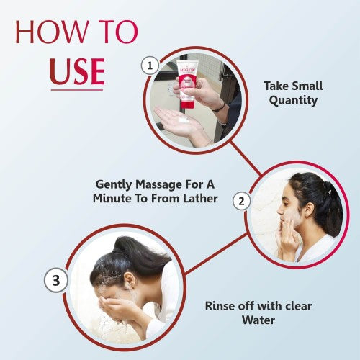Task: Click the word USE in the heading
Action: coord(77,71)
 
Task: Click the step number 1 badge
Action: coord(150,66)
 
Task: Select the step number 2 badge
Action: coord(242,201)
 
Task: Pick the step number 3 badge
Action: coord(56,280)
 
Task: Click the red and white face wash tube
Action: coord(188,84)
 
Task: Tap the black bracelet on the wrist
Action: coord(219,108)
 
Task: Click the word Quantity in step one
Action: coord(293,101)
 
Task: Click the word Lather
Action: coord(200,199)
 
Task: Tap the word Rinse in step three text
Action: coord(220,306)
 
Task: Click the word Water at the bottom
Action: coord(258,320)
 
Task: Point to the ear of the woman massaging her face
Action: coord(310,210)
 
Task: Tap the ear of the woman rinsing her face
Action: coord(130,280)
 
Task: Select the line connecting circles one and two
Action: coord(246,158)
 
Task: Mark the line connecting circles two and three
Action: coord(216,253)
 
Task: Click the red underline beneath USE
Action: coord(77,90)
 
